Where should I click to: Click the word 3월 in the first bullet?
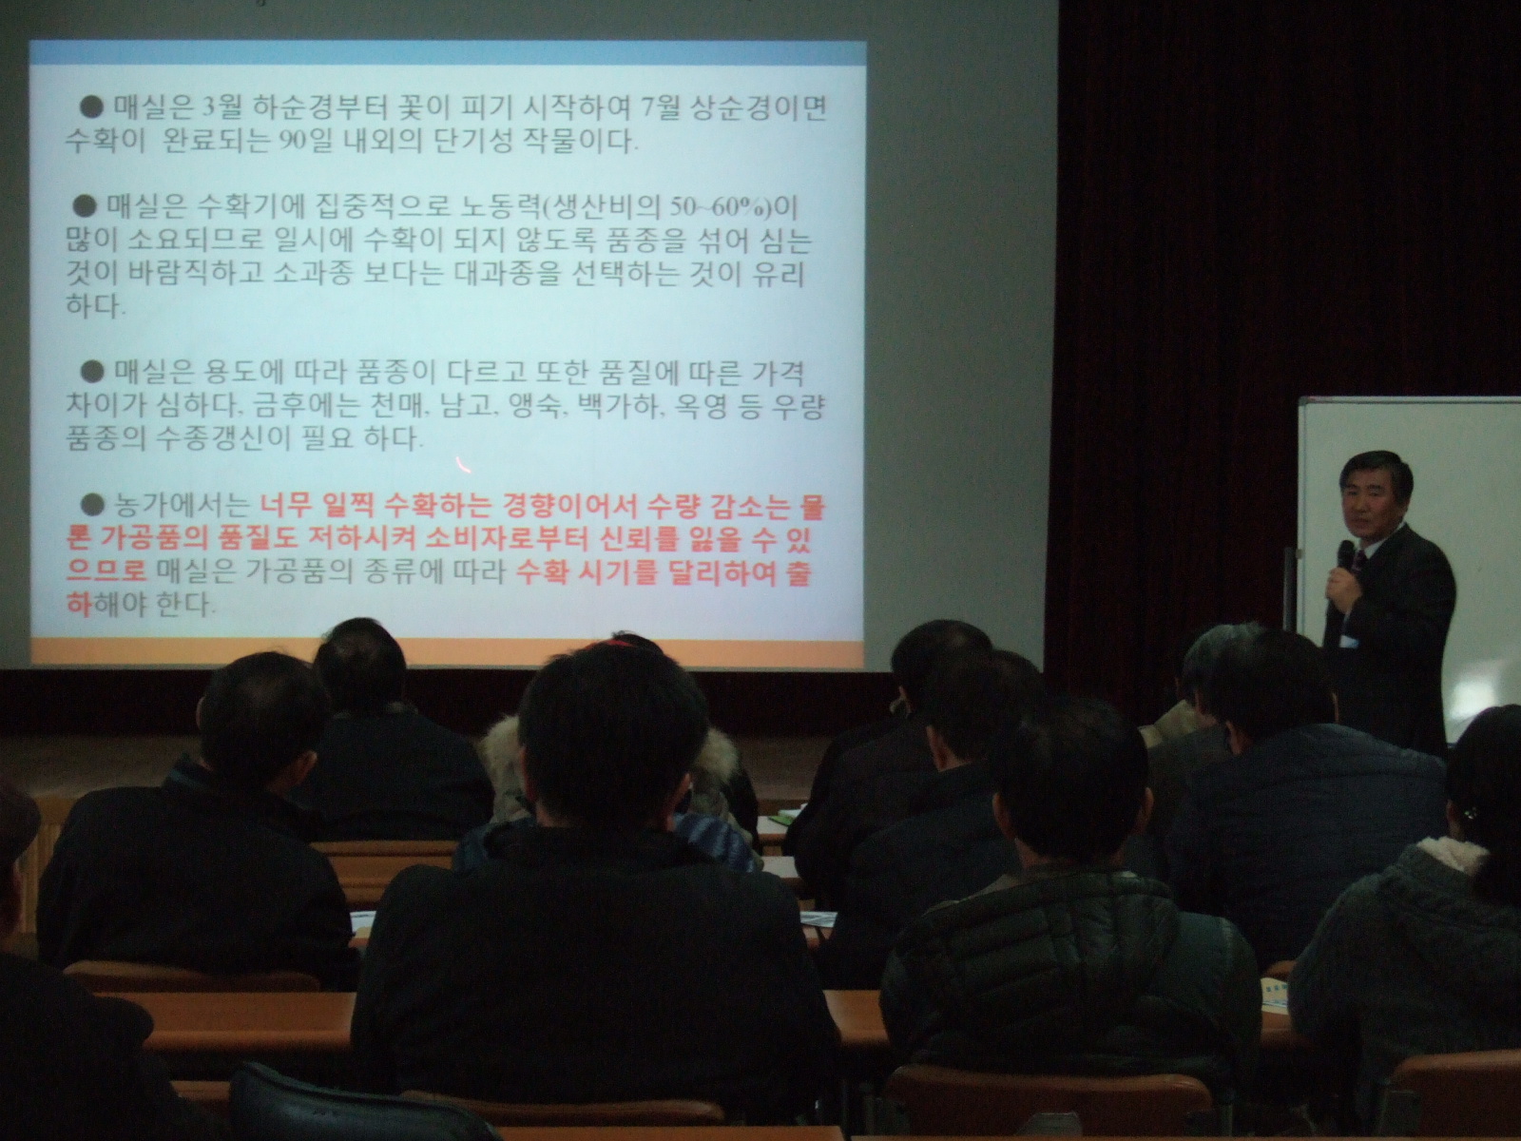tap(219, 108)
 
